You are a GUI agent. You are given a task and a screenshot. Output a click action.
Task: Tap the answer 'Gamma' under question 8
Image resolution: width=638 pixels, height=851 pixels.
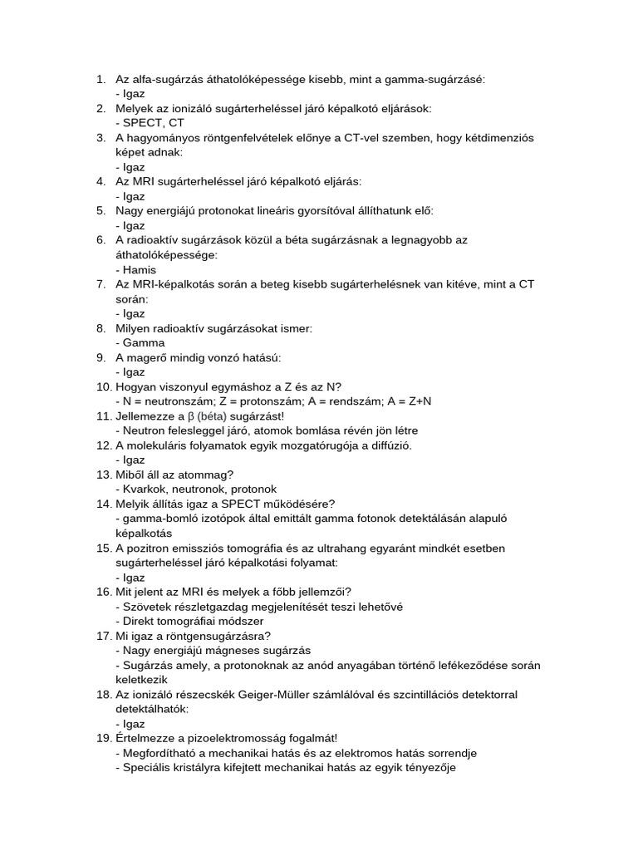tap(143, 343)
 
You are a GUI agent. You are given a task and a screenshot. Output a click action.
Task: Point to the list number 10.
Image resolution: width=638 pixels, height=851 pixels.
tap(103, 386)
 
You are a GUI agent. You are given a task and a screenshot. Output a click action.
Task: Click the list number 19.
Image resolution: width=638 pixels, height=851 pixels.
tap(103, 739)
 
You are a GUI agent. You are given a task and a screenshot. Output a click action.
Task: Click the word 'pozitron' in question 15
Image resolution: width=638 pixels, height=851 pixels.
tap(150, 548)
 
